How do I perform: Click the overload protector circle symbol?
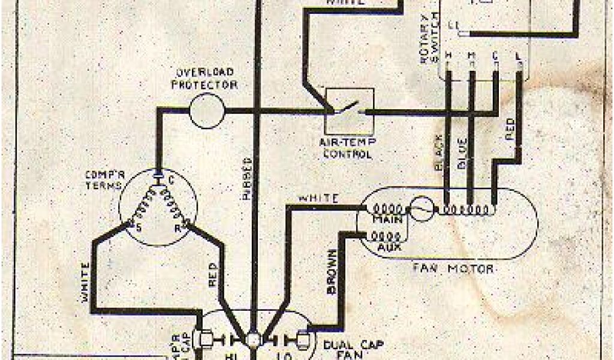pos(207,112)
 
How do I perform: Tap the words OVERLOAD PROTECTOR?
pos(204,79)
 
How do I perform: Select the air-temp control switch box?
pos(350,112)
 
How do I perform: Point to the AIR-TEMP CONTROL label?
pos(348,149)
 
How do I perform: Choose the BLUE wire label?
pos(463,155)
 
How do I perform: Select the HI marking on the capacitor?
pos(230,355)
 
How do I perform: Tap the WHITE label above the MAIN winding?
pos(318,198)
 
